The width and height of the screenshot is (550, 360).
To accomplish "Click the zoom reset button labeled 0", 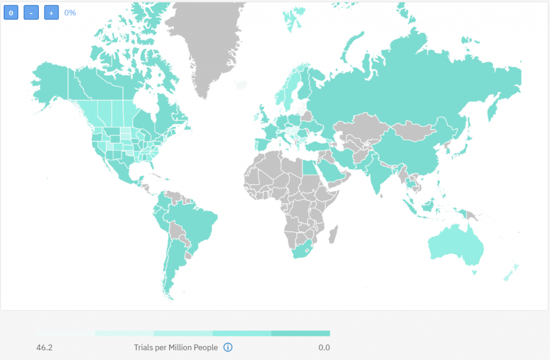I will [x=11, y=12].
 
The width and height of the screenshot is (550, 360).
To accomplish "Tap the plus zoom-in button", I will [x=51, y=12].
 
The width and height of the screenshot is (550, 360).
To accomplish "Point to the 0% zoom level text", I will [x=70, y=12].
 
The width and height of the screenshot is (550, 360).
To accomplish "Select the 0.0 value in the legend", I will [x=324, y=348].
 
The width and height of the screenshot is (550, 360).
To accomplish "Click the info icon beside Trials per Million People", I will [x=228, y=348].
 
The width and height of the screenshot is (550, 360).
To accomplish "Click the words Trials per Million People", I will [x=176, y=348].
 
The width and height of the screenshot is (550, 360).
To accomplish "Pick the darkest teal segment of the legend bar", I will [x=300, y=334].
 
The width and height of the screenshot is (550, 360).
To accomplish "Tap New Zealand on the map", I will [x=510, y=271].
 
